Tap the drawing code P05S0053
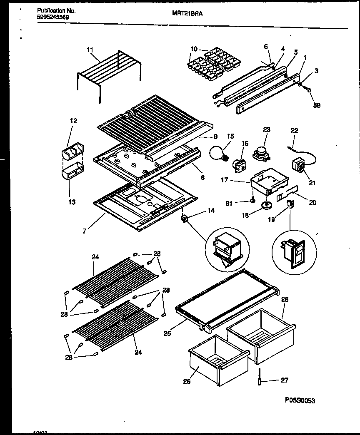300,400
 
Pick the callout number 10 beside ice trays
194,49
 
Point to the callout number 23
267,129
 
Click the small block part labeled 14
184,218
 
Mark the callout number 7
85,231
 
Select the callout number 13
72,202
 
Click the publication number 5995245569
52,17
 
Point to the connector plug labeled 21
299,165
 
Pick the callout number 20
312,203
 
